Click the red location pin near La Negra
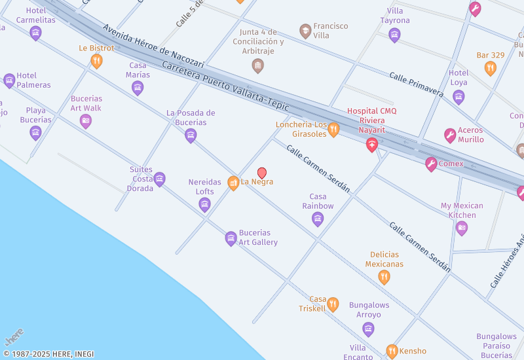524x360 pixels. click(x=262, y=173)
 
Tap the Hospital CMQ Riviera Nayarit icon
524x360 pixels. click(x=372, y=145)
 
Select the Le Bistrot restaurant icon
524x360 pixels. click(x=97, y=61)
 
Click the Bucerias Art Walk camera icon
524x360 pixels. click(x=86, y=120)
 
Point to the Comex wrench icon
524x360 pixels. click(x=430, y=164)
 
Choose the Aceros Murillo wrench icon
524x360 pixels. click(x=450, y=135)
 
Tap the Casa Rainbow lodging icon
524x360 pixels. click(x=318, y=219)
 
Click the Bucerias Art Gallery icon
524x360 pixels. click(x=231, y=238)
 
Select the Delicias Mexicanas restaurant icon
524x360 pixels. click(x=384, y=277)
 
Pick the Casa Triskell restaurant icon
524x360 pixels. click(x=333, y=304)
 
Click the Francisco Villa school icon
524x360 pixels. click(x=305, y=31)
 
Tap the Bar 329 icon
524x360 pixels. click(x=490, y=68)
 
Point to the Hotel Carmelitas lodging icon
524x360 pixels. click(x=35, y=33)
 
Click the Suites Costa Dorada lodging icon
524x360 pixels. click(x=159, y=179)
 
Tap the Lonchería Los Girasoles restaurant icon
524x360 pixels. click(x=333, y=130)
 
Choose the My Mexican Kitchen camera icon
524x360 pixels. click(x=462, y=228)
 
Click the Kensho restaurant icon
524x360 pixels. click(x=392, y=351)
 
